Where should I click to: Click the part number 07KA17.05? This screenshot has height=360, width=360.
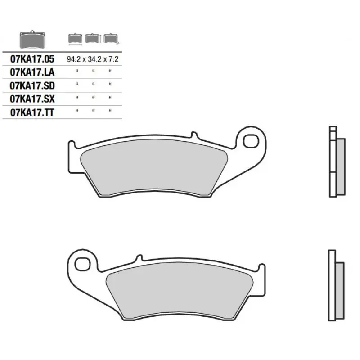pos(32,59)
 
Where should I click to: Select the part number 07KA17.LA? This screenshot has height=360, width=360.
pos(32,72)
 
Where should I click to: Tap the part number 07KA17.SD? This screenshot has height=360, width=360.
pos(32,85)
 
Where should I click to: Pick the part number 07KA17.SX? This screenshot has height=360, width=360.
pos(32,99)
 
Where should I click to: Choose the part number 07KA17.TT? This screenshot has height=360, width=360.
pos(32,112)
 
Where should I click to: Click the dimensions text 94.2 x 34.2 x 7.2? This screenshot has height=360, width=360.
pos(93,59)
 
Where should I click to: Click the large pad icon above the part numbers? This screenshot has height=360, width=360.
pos(32,40)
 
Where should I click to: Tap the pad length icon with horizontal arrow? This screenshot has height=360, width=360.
pos(75,39)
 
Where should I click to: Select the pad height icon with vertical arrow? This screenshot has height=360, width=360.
pos(93,38)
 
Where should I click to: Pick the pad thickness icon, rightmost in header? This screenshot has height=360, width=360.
pos(111,38)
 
